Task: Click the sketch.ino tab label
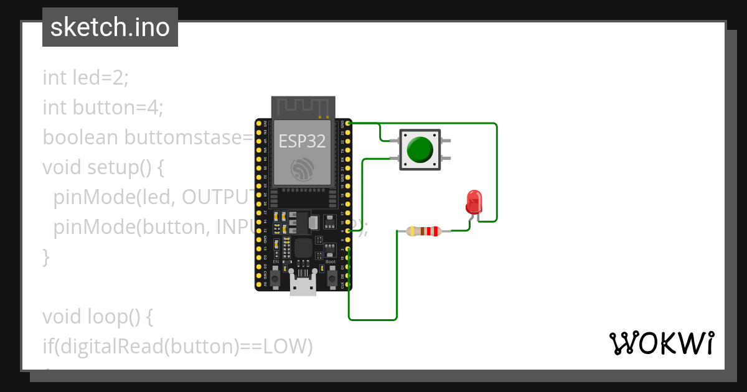(110, 27)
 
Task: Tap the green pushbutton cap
(420, 149)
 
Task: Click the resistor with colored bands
(423, 231)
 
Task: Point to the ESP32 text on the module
(302, 141)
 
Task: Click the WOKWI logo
(661, 343)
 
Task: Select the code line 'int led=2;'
(85, 78)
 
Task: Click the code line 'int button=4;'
(103, 108)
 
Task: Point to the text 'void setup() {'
(103, 167)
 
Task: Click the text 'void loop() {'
(97, 317)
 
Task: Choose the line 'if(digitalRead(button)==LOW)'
(177, 347)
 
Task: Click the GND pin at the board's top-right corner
(347, 124)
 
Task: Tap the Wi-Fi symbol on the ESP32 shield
(303, 168)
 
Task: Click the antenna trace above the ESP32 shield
(303, 107)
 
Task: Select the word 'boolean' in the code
(80, 138)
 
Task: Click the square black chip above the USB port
(304, 248)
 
